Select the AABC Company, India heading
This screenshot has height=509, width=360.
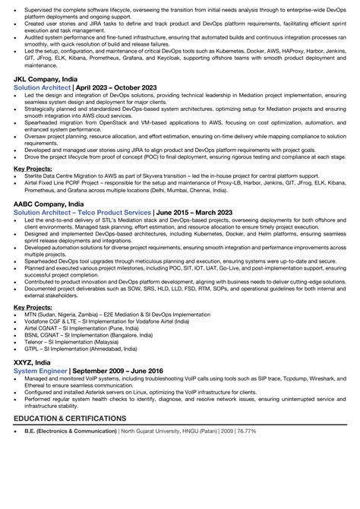53,206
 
